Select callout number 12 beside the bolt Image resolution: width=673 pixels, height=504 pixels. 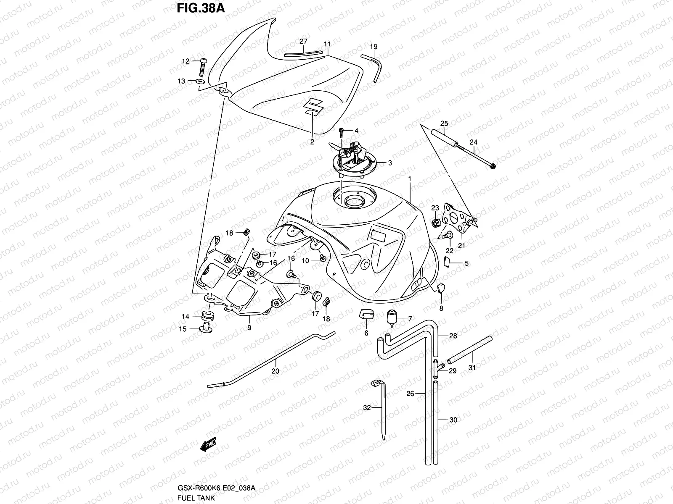(x=186, y=61)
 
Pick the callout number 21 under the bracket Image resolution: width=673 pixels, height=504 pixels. (x=461, y=246)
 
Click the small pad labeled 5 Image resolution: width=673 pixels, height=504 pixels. (x=447, y=263)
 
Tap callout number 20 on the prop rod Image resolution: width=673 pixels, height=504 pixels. (x=276, y=371)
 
